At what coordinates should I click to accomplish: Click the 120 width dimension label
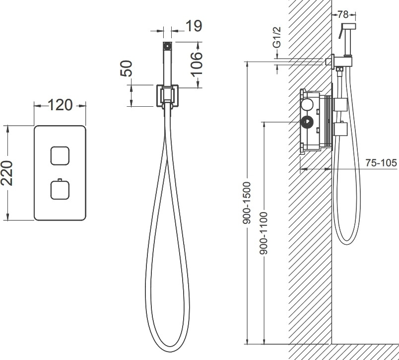click(x=60, y=105)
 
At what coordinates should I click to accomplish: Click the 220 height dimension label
click(x=7, y=173)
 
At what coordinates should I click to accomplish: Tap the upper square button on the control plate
click(x=60, y=156)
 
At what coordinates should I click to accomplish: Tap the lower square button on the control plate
click(x=60, y=190)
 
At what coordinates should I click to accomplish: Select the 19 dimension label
click(x=194, y=26)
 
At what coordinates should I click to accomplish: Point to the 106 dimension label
click(x=197, y=64)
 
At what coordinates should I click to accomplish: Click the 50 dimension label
click(x=127, y=68)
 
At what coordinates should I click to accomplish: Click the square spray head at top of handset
click(x=167, y=46)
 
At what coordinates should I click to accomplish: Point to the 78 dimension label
click(x=343, y=14)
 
